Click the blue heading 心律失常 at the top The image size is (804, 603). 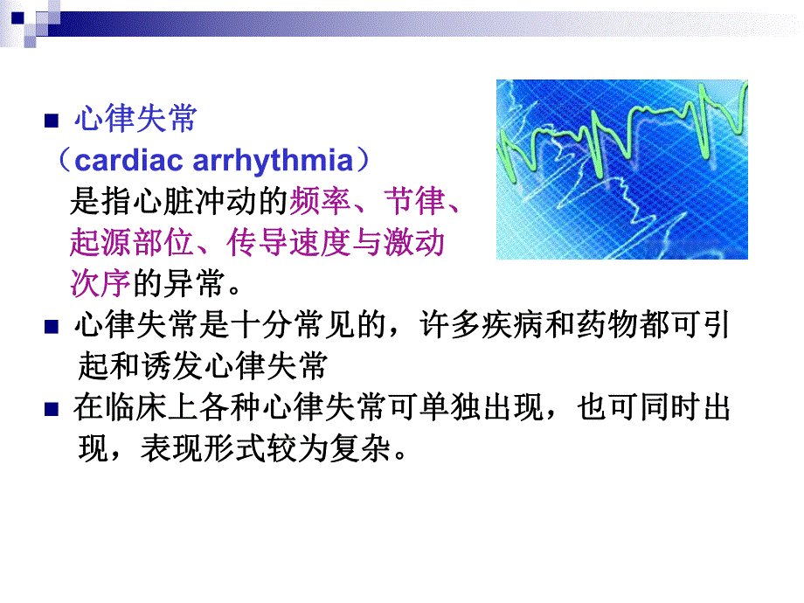135,120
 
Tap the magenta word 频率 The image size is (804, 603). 319,203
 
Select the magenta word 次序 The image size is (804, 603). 100,282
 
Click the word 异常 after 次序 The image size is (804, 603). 193,282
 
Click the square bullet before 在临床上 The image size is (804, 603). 51,409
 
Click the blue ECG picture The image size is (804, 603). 621,170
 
